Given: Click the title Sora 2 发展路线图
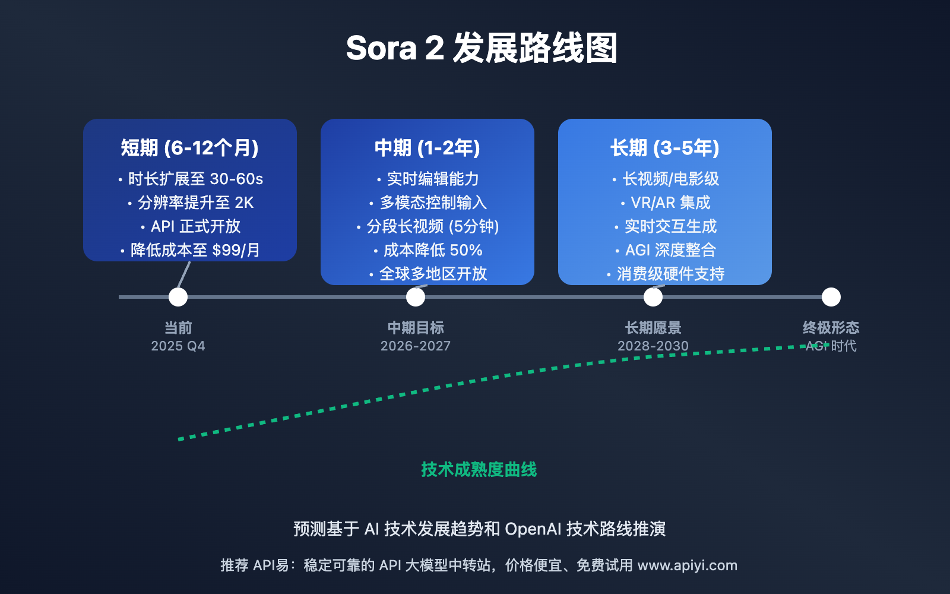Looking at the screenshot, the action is pyautogui.click(x=482, y=48).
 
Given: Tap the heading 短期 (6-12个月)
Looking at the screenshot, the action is pyautogui.click(x=189, y=148).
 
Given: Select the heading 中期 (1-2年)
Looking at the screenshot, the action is pyautogui.click(x=427, y=148).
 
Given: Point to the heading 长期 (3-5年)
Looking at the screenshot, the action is pyautogui.click(x=664, y=148).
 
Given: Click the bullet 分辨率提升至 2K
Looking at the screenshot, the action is pyautogui.click(x=191, y=203).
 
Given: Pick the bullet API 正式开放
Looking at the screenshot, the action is pyautogui.click(x=191, y=226).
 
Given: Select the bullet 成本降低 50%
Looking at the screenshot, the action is pyautogui.click(x=428, y=250).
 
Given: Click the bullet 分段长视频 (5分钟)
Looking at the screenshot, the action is pyautogui.click(x=427, y=226).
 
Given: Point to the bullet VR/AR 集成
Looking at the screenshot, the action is pyautogui.click(x=666, y=203).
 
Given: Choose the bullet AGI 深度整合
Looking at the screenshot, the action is pyautogui.click(x=666, y=250).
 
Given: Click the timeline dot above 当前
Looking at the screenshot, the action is pyautogui.click(x=178, y=297).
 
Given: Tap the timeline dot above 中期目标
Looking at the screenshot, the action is pyautogui.click(x=416, y=297).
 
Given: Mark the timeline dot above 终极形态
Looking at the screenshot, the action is pyautogui.click(x=831, y=297).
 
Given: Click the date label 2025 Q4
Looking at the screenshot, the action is pyautogui.click(x=178, y=346).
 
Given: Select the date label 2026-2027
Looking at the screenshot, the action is pyautogui.click(x=416, y=346).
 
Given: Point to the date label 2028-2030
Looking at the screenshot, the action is pyautogui.click(x=653, y=346).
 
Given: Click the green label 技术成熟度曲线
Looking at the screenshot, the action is pyautogui.click(x=479, y=470).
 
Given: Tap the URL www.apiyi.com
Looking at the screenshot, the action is pyautogui.click(x=688, y=565).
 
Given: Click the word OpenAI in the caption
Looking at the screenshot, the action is pyautogui.click(x=533, y=529).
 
